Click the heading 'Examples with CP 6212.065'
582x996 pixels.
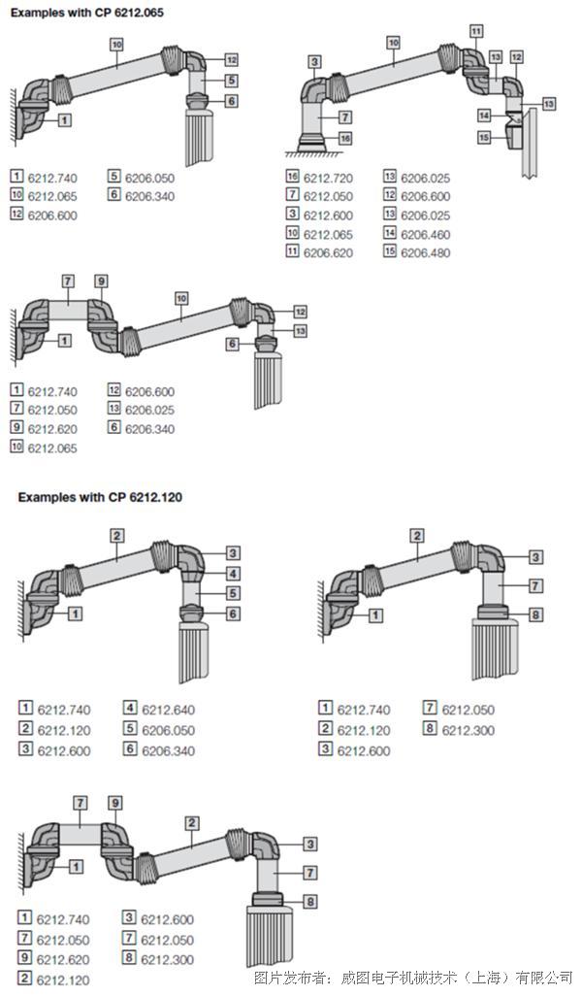point(87,12)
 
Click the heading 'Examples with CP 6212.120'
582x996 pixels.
point(100,497)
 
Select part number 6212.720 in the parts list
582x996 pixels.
point(328,179)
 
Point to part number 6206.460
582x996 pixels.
point(425,234)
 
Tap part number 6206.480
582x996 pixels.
point(425,252)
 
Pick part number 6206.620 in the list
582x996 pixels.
point(328,252)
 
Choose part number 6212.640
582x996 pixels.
point(168,711)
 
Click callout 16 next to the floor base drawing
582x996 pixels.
point(344,138)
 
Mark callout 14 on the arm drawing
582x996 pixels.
point(485,116)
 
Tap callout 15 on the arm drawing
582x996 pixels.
point(485,137)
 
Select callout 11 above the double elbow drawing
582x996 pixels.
point(476,30)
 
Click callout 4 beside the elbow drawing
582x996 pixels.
point(234,574)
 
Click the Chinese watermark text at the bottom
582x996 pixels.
point(413,979)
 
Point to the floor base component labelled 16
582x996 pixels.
point(311,143)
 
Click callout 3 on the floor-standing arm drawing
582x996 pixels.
point(315,61)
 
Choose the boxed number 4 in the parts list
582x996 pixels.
point(129,708)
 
